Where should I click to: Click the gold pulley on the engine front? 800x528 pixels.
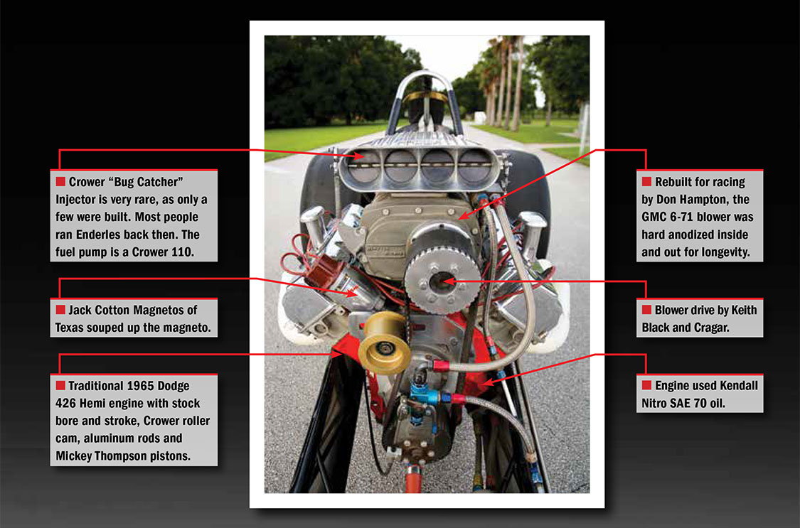(x=384, y=343)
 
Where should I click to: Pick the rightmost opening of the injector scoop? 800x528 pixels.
(x=474, y=164)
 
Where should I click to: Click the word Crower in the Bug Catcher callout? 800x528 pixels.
(x=87, y=182)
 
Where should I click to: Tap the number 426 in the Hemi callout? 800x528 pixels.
(x=66, y=403)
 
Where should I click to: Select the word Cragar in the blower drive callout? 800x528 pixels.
(x=710, y=328)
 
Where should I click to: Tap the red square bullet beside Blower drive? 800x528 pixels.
(x=646, y=309)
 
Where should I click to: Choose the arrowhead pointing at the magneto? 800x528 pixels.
(x=352, y=293)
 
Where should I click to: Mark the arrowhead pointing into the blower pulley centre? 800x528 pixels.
(x=449, y=280)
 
